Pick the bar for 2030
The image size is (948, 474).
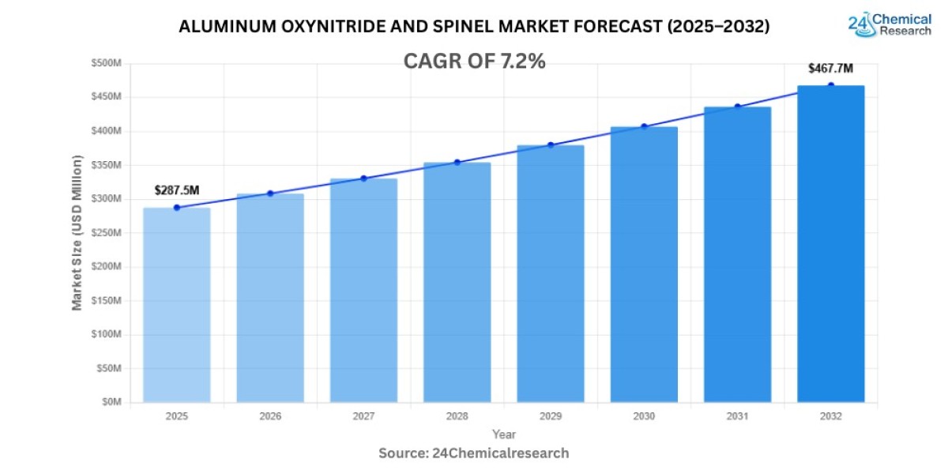coord(644,264)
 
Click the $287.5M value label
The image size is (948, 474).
coord(176,190)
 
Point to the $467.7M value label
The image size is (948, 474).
coord(830,69)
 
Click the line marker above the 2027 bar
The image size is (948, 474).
coord(363,179)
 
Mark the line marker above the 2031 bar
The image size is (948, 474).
coord(738,107)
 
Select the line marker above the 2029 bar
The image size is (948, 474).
coord(551,145)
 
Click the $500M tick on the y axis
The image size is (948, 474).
coord(107,63)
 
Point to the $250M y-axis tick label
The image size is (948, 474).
coord(107,233)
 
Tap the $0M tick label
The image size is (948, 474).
coord(111,402)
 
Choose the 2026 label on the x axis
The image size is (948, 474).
coord(270,416)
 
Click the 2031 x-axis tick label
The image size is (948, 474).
coord(737,416)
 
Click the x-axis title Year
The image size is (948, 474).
coord(503,434)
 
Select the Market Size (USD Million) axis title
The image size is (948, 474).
coord(77,233)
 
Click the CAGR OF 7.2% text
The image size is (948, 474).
coord(474,62)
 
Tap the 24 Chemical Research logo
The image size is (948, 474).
coord(890,24)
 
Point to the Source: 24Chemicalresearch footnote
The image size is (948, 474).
coord(474,453)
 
